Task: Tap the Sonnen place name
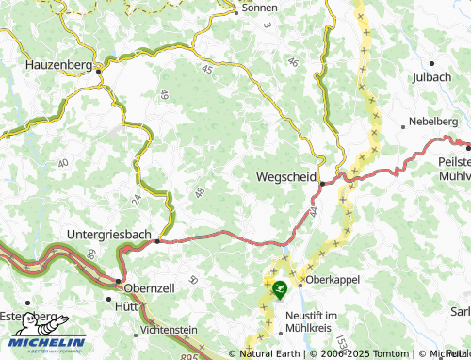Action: point(260,7)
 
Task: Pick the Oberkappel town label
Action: point(333,280)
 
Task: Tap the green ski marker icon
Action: point(279,291)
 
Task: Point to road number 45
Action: point(206,68)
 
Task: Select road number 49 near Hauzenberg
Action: point(163,93)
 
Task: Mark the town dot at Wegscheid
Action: point(322,183)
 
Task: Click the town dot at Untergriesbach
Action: point(157,240)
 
